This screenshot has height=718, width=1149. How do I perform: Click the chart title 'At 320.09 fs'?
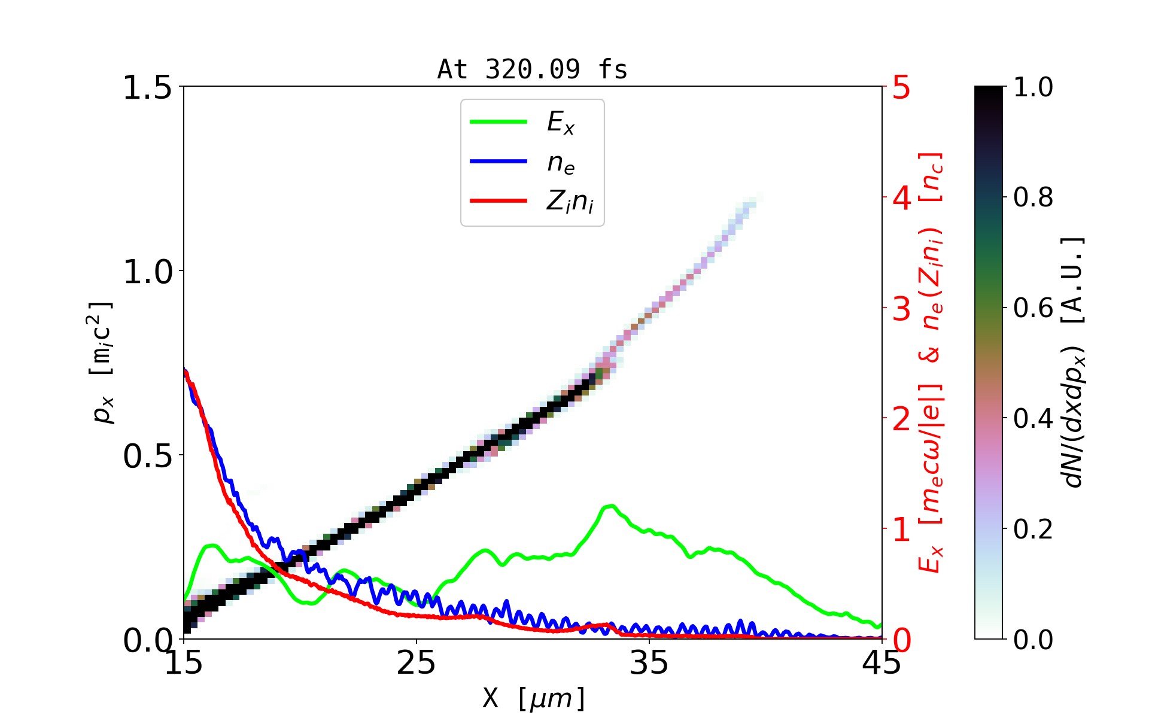coord(532,69)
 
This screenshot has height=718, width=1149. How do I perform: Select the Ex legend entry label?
coord(561,123)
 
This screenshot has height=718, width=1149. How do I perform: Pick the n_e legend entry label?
coord(561,163)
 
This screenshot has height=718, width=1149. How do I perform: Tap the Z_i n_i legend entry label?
coord(570,202)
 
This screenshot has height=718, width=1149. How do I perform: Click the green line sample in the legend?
coord(498,122)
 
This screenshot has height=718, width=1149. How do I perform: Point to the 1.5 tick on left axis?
coord(147,87)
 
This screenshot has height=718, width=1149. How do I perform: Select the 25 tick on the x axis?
coord(417,663)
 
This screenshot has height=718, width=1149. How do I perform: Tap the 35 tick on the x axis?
coord(649,663)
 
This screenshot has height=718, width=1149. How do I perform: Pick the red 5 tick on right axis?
coord(902,87)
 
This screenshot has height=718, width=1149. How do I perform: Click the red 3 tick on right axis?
coord(902,309)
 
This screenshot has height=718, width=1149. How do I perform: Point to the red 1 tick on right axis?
coord(902,530)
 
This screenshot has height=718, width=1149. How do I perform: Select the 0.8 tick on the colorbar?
coord(1033,197)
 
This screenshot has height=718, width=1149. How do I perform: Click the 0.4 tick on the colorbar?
coord(1033,419)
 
